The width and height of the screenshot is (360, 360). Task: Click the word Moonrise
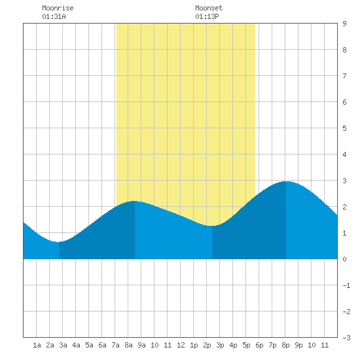tap(58, 8)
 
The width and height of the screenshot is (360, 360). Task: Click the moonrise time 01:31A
tap(54, 16)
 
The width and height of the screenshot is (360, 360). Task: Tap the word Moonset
tap(209, 8)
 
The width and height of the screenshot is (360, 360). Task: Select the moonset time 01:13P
tap(207, 16)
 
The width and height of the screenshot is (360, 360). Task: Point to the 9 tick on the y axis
tap(344, 24)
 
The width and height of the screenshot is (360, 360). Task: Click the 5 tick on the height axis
tap(344, 128)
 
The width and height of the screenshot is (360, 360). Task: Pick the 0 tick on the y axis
tap(344, 259)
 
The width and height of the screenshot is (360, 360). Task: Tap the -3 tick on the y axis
tap(346, 338)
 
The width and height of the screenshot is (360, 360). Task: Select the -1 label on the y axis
tap(346, 285)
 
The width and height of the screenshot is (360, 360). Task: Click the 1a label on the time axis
tap(37, 345)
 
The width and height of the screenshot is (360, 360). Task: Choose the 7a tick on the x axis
tap(115, 345)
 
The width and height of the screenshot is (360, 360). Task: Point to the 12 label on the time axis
tap(181, 345)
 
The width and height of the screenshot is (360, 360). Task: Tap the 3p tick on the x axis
tap(220, 345)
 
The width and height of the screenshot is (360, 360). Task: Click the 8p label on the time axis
tap(285, 345)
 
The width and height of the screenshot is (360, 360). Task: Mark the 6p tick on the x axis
tap(259, 345)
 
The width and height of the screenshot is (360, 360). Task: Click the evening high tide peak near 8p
tap(286, 181)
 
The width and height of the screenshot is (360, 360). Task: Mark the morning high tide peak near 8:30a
tap(135, 201)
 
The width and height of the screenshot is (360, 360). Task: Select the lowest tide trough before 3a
tap(59, 242)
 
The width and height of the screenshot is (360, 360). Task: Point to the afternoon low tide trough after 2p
tap(212, 226)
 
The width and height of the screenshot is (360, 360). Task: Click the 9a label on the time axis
tap(141, 345)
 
